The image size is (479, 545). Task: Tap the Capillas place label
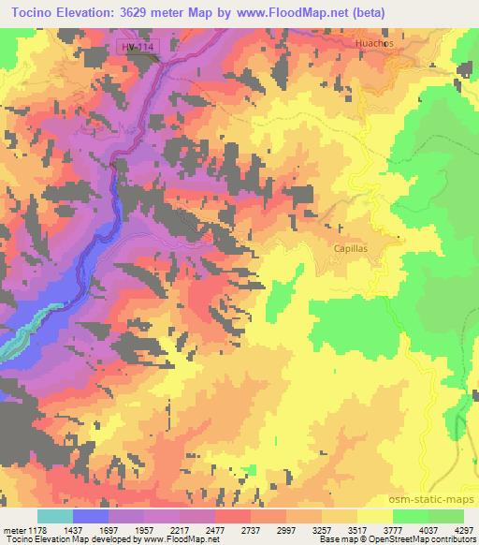[x=352, y=248]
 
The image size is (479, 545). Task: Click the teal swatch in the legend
[x=55, y=516]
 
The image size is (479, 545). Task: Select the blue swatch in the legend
[x=91, y=516]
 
